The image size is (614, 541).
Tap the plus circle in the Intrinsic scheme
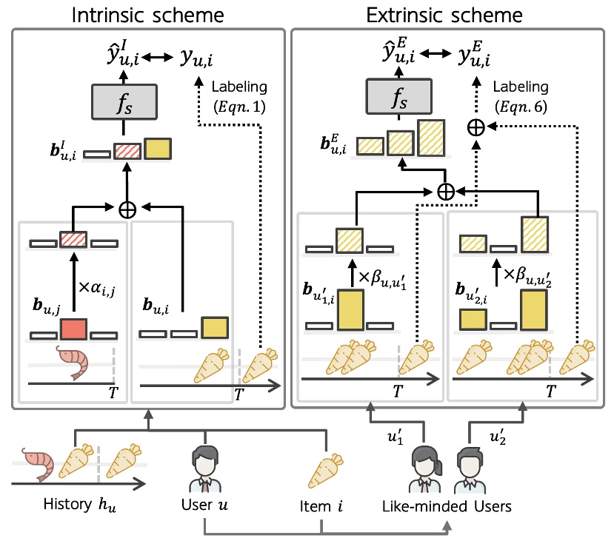[x=128, y=209]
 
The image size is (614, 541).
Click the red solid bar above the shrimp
[x=73, y=328]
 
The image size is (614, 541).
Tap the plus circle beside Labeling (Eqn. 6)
[x=475, y=127]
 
